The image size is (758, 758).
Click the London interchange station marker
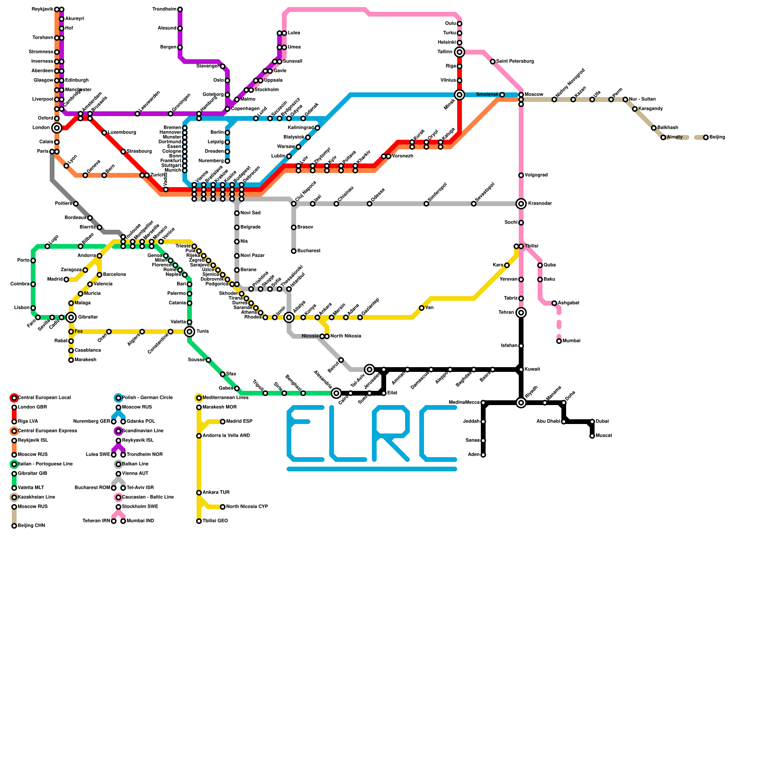(57, 128)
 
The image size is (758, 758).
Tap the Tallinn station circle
(460, 52)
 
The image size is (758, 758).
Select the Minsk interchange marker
(460, 95)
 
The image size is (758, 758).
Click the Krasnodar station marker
(521, 204)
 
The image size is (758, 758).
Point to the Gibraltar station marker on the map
(71, 317)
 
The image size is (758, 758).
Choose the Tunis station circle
(189, 332)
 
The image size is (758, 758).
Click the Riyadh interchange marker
(521, 403)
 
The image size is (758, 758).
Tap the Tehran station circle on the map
(521, 313)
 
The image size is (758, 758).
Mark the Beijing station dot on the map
(706, 137)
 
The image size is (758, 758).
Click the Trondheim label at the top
(164, 9)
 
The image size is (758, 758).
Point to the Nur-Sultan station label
(642, 99)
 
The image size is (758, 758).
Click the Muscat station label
(604, 436)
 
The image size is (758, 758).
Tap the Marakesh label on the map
(85, 360)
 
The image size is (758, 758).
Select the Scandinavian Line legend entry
(143, 431)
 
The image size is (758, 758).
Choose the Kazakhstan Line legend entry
(36, 497)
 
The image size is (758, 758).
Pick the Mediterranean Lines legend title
(225, 398)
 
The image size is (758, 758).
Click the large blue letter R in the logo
(391, 433)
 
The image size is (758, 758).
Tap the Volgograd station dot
(521, 175)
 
